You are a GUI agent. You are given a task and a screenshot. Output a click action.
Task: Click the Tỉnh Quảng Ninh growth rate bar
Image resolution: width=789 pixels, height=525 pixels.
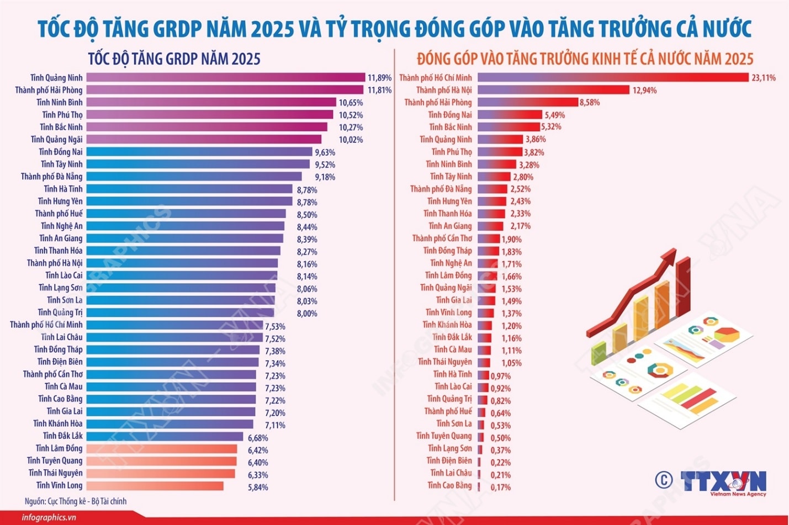point(225,78)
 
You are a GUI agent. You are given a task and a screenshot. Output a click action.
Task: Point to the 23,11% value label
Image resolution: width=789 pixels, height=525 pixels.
point(763,78)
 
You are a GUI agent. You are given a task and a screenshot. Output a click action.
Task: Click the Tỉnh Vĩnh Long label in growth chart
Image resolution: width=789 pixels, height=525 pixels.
point(59,485)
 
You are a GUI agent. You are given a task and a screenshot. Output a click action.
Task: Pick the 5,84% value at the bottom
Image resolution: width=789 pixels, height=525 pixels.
point(258,487)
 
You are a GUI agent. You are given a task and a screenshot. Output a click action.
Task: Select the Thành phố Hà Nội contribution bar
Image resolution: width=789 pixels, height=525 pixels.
point(553,90)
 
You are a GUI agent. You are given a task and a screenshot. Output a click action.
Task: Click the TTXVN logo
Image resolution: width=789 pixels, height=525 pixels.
point(723,481)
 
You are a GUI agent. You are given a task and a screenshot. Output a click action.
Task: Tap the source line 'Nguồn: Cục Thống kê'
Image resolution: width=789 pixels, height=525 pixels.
point(76,501)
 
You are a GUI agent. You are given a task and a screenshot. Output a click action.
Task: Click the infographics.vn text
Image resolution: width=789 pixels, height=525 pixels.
point(49,518)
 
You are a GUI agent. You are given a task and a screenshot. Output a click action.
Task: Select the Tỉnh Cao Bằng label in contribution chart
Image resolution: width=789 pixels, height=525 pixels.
point(449,485)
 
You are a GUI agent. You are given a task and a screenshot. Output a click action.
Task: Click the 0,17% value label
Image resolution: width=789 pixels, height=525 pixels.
point(500,487)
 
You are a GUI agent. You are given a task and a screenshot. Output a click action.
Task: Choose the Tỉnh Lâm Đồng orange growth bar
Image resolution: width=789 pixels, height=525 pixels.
point(161,448)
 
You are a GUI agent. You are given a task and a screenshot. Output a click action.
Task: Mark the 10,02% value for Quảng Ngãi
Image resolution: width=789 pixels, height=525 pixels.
point(351,140)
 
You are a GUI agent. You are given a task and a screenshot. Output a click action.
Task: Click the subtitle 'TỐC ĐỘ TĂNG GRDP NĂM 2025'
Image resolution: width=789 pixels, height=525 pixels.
point(174,59)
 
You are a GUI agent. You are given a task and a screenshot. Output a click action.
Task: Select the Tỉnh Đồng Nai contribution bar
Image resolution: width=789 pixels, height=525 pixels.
point(510,115)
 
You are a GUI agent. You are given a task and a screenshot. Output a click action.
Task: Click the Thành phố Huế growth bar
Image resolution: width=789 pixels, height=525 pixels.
point(186,214)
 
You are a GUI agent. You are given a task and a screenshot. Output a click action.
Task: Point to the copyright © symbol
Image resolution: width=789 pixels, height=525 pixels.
point(664,479)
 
